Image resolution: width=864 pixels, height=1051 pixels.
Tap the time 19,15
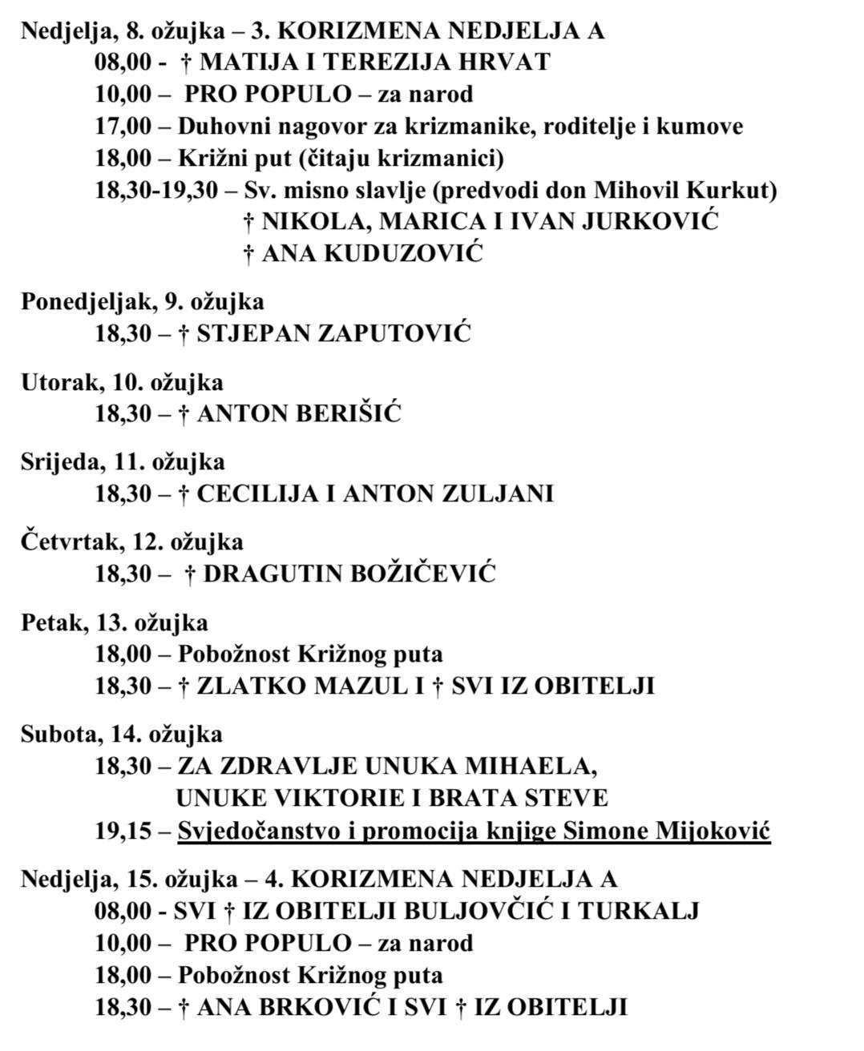tap(123, 831)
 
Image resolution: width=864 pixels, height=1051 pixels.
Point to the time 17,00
tap(123, 126)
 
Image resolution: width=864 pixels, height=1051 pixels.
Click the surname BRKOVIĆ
tap(320, 1007)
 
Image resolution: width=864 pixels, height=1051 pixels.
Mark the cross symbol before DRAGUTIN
tap(191, 574)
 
